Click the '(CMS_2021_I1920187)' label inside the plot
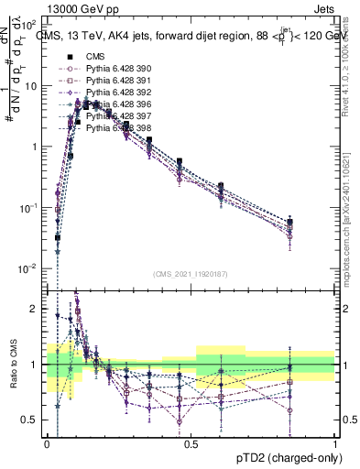(x=191, y=273)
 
